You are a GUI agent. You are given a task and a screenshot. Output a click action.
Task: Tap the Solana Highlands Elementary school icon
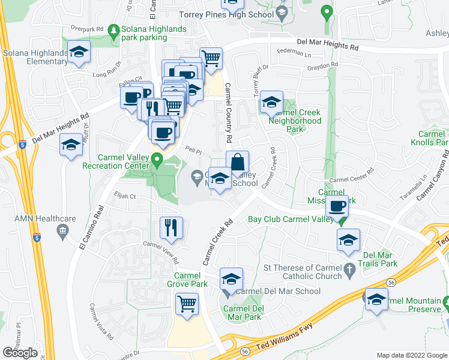click(x=79, y=52)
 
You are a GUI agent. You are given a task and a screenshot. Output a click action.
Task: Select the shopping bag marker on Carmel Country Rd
click(x=237, y=162)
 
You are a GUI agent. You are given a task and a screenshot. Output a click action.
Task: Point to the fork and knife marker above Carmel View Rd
click(x=170, y=227)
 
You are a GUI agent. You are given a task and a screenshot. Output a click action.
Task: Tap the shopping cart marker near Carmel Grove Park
click(x=187, y=303)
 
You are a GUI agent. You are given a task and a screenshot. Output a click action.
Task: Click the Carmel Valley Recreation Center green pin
click(x=157, y=160)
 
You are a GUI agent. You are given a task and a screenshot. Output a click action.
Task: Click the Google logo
click(x=20, y=353)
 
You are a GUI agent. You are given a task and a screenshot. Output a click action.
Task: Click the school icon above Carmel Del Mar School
click(x=231, y=278)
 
